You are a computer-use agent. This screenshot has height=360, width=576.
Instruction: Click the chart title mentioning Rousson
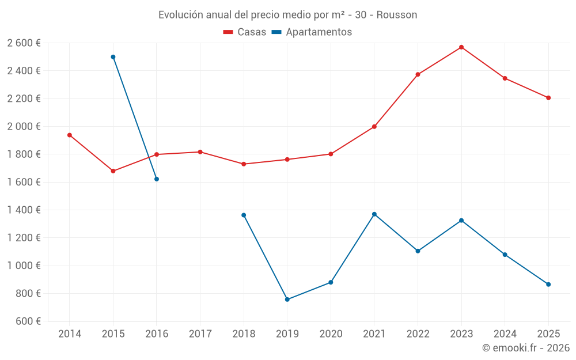pos(287,15)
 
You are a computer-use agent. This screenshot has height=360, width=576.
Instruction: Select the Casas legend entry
pos(245,32)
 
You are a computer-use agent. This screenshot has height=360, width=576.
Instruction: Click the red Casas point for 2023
pos(461,47)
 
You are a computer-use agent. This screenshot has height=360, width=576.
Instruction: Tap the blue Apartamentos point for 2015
pos(113,57)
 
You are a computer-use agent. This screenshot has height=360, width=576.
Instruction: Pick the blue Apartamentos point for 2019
pos(287,300)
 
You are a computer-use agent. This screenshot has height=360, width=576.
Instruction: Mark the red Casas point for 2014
pos(70,135)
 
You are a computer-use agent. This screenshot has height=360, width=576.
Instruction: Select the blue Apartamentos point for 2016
pos(157,179)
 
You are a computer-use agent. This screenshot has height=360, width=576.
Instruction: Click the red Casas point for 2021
pos(374,127)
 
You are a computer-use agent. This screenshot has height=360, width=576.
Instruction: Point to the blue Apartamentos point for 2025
pos(548,285)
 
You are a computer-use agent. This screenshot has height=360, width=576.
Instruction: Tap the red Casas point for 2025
pos(548,98)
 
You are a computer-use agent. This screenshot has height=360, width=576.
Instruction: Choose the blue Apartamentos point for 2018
pos(244,215)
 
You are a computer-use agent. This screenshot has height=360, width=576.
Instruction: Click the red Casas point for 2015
pos(113,171)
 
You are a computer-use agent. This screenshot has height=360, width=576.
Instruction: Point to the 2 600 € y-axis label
pos(24,43)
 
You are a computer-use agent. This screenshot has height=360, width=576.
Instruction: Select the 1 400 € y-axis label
pos(24,210)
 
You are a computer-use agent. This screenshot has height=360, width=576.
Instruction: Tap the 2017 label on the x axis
pos(200,334)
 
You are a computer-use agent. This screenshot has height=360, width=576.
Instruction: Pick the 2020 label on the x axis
pos(331,334)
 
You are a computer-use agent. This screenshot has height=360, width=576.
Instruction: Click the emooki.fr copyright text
pos(525,348)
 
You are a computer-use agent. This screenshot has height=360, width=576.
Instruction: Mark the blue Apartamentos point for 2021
pos(374,214)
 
